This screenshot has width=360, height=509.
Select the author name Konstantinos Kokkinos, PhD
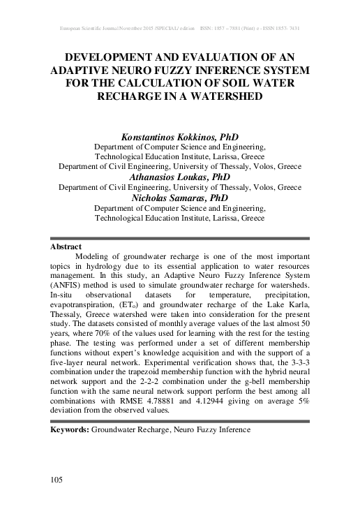[x=180, y=138]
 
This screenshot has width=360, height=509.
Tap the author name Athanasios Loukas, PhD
[x=180, y=177]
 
